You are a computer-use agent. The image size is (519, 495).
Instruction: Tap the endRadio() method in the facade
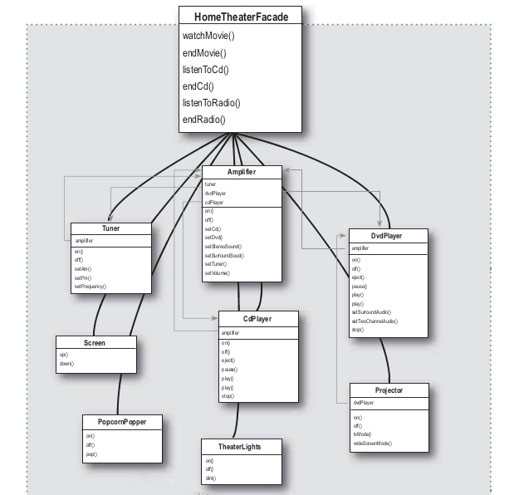coord(204,120)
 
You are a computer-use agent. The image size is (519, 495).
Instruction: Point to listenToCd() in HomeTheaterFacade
coord(206,69)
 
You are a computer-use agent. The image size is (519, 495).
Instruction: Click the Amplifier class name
coord(242,172)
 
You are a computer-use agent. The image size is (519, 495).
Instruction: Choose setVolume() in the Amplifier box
coord(218,272)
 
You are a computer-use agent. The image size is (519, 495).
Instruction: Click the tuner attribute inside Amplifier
coord(210,184)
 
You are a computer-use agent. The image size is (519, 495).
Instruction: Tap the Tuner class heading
coord(110,228)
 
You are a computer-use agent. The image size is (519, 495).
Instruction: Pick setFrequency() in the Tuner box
coord(91,286)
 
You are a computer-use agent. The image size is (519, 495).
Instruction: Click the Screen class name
coord(94,342)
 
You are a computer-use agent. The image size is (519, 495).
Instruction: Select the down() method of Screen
coord(67,364)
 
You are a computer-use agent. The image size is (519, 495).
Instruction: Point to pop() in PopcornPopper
coord(91,454)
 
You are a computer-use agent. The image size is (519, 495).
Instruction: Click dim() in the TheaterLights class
coord(209,478)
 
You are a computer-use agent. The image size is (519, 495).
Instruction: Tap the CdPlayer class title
coord(257,318)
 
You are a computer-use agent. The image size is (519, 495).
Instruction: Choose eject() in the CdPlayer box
coord(228,360)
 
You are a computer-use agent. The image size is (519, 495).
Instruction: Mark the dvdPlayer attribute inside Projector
coord(363,403)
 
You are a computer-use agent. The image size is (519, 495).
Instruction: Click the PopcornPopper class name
coord(122,421)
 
